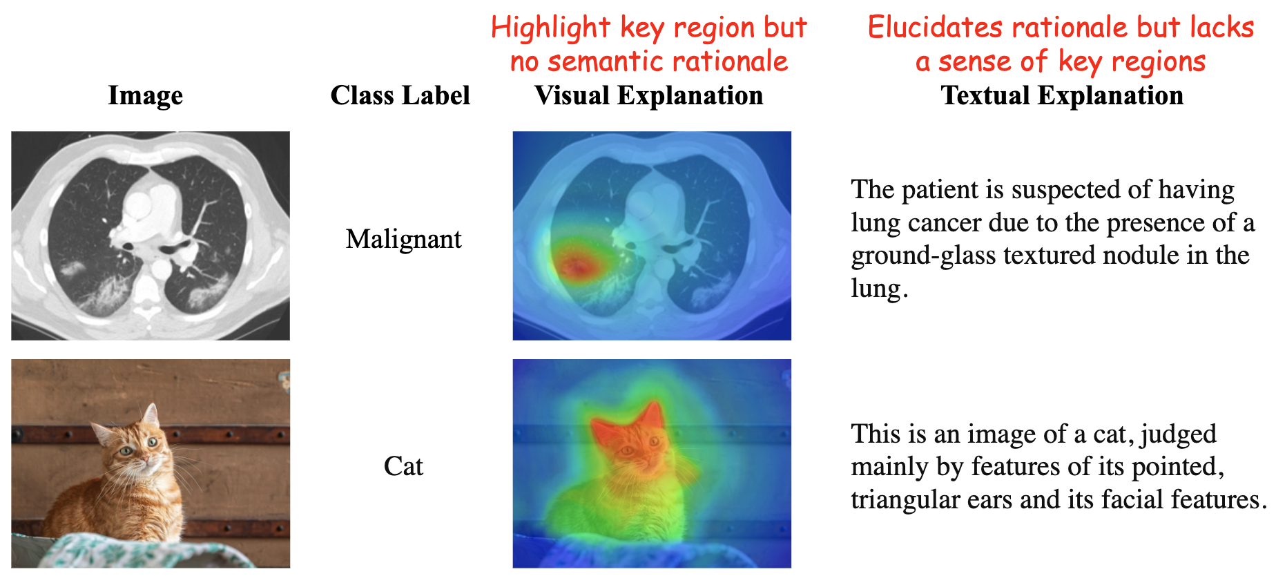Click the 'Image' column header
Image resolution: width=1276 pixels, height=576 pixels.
click(145, 96)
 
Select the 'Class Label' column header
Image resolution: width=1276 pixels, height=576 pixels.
click(400, 95)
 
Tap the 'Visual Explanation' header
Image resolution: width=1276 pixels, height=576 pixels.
click(649, 95)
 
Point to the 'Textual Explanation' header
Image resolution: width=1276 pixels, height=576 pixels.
click(1062, 95)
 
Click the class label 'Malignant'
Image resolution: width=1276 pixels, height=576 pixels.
click(403, 239)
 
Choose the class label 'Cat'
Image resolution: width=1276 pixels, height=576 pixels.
click(403, 466)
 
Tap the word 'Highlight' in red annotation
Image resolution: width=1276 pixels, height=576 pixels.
click(551, 28)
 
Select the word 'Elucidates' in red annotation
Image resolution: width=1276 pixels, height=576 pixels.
click(936, 27)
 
